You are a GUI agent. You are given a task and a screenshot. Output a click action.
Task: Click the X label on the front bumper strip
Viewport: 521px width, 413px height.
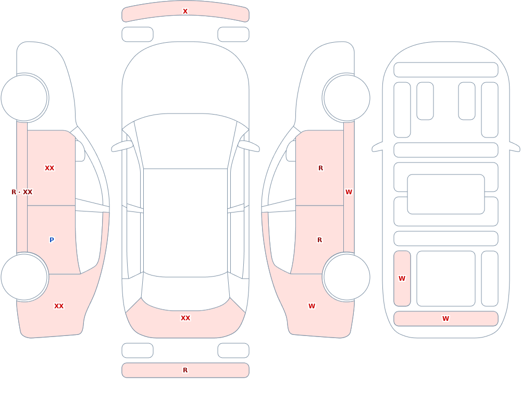click(x=185, y=11)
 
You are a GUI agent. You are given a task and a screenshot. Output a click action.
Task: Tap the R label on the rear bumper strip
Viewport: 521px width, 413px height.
click(x=185, y=370)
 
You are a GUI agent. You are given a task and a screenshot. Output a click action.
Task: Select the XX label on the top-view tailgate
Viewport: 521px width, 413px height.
click(x=185, y=318)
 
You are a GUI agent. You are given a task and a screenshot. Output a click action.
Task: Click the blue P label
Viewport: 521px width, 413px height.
click(x=52, y=240)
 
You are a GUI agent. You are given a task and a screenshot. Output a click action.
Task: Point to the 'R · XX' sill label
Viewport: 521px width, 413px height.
click(x=22, y=192)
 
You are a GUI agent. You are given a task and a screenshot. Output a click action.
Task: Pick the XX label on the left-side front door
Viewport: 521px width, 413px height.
click(x=49, y=168)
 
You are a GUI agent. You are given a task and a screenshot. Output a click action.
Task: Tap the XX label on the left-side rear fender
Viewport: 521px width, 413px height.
click(x=59, y=306)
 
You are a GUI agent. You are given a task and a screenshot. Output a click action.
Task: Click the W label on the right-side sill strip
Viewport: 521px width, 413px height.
click(x=349, y=192)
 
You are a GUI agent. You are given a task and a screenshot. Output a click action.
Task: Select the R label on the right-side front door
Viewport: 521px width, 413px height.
click(x=320, y=168)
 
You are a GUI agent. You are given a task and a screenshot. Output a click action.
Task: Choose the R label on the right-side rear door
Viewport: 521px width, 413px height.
click(x=320, y=240)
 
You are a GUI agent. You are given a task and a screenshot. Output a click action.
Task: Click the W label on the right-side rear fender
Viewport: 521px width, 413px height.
click(x=312, y=306)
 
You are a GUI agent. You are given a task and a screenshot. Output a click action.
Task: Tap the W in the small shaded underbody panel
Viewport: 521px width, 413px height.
click(x=402, y=279)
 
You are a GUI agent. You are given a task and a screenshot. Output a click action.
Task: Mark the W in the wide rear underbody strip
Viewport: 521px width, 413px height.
click(x=445, y=319)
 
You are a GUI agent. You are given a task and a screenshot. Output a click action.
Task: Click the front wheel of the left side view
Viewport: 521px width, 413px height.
click(x=24, y=98)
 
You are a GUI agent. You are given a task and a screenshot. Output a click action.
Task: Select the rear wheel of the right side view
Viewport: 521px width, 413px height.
click(x=346, y=277)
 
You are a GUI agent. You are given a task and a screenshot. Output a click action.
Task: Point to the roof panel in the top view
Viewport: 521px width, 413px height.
click(x=185, y=222)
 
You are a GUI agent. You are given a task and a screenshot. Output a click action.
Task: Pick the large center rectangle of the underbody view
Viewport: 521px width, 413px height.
click(x=446, y=194)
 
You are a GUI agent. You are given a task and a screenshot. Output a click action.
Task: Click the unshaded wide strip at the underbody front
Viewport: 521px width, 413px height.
click(x=446, y=70)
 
